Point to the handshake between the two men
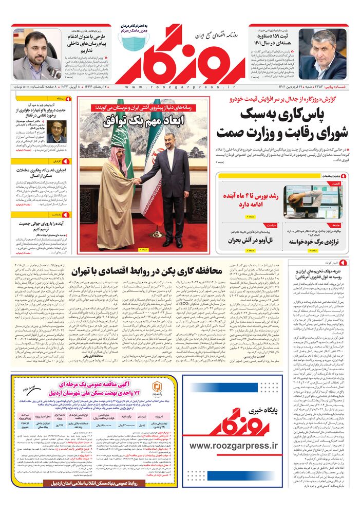click(x=137, y=181)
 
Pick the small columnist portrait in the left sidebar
click(x=56, y=132)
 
